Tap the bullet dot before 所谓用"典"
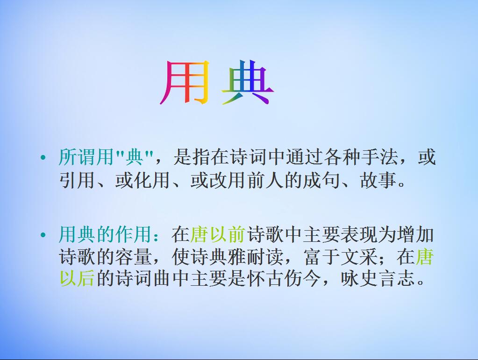43,158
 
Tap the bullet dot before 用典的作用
43,235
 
